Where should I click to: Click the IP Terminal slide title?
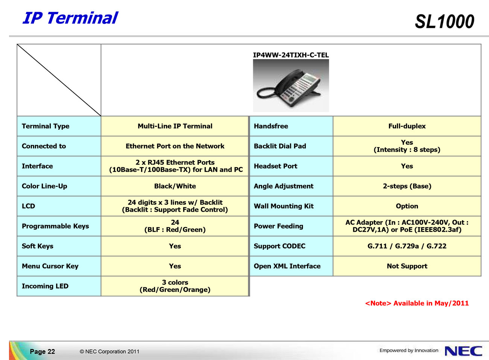pyautogui.click(x=70, y=18)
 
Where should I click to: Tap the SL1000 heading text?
pyautogui.click(x=444, y=21)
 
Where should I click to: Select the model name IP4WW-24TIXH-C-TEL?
pyautogui.click(x=291, y=55)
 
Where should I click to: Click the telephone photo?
pyautogui.click(x=291, y=85)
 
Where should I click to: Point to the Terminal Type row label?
pyautogui.click(x=46, y=126)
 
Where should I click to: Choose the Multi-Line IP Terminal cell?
pyautogui.click(x=175, y=126)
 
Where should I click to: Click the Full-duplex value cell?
pyautogui.click(x=407, y=126)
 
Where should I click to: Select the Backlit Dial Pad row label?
pyautogui.click(x=280, y=146)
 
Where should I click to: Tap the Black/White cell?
pyautogui.click(x=175, y=186)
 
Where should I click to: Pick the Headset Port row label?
pyautogui.click(x=275, y=166)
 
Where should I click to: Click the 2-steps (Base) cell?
pyautogui.click(x=407, y=186)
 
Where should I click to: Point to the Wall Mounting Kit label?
pyautogui.click(x=284, y=206)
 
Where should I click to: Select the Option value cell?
pyautogui.click(x=407, y=206)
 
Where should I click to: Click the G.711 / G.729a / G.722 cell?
pyautogui.click(x=407, y=246)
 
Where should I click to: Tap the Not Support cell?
pyautogui.click(x=407, y=266)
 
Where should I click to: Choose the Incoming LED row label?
pyautogui.click(x=45, y=286)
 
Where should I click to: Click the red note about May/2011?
pyautogui.click(x=417, y=303)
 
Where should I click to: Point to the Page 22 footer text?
pyautogui.click(x=43, y=351)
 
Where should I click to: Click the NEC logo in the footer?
pyautogui.click(x=463, y=351)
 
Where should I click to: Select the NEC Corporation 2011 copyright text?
pyautogui.click(x=109, y=351)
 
